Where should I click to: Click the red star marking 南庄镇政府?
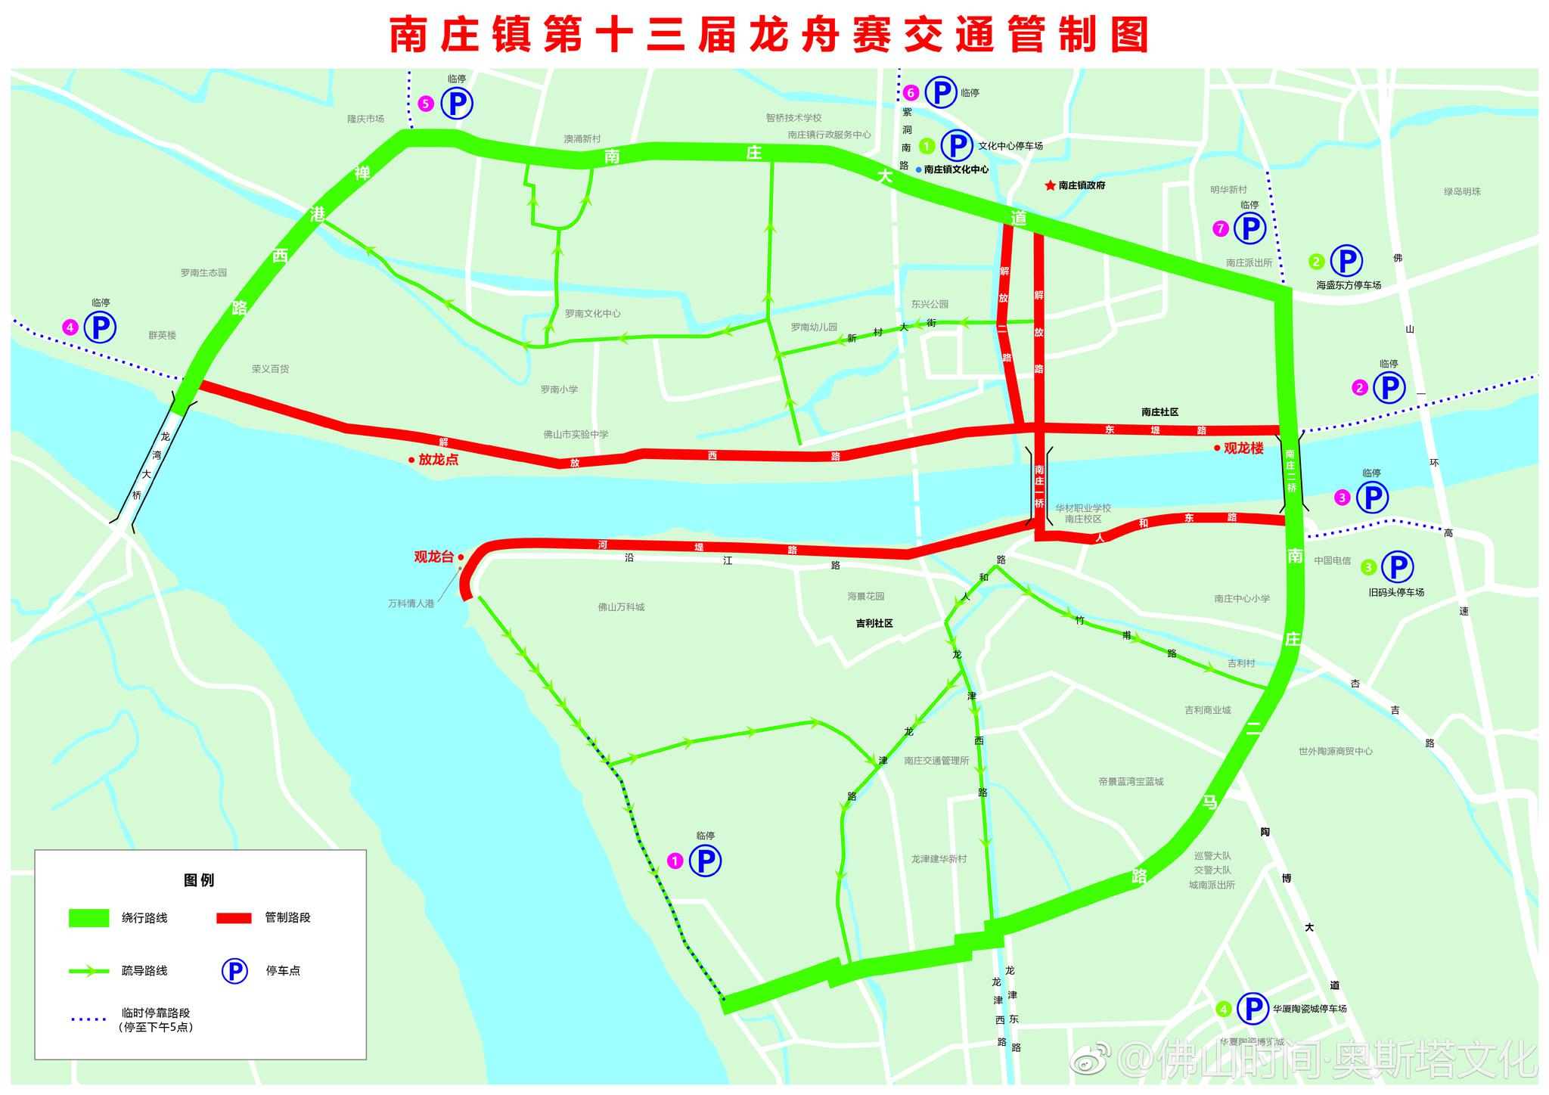(x=1050, y=185)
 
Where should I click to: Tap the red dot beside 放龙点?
(x=411, y=460)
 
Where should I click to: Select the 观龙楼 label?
(x=1243, y=448)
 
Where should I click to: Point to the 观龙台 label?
(x=433, y=557)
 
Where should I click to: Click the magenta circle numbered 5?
(x=426, y=104)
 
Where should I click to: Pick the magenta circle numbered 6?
(x=911, y=93)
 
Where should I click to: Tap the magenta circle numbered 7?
(x=1220, y=228)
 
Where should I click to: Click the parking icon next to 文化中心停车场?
(x=956, y=145)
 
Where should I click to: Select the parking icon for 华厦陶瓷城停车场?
(x=1253, y=1008)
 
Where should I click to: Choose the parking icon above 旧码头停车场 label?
(x=1397, y=566)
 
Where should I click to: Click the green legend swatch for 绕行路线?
(x=89, y=918)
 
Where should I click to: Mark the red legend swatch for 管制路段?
(x=234, y=918)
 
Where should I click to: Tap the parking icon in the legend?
(x=234, y=971)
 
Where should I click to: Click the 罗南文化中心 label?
(x=592, y=314)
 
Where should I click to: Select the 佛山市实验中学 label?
(x=576, y=435)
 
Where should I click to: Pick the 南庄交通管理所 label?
(x=936, y=761)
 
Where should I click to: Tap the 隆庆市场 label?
(x=365, y=119)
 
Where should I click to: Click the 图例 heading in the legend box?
(x=199, y=880)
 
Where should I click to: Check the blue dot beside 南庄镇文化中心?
(x=918, y=170)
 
